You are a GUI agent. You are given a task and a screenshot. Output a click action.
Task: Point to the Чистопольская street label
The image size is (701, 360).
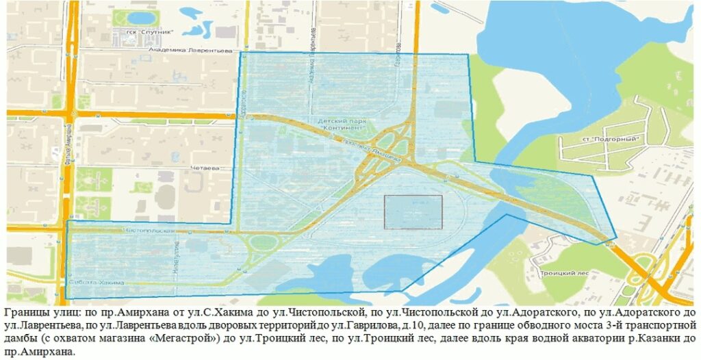[146, 231]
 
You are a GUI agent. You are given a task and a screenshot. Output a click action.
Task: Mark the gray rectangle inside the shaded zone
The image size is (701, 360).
[413, 211]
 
